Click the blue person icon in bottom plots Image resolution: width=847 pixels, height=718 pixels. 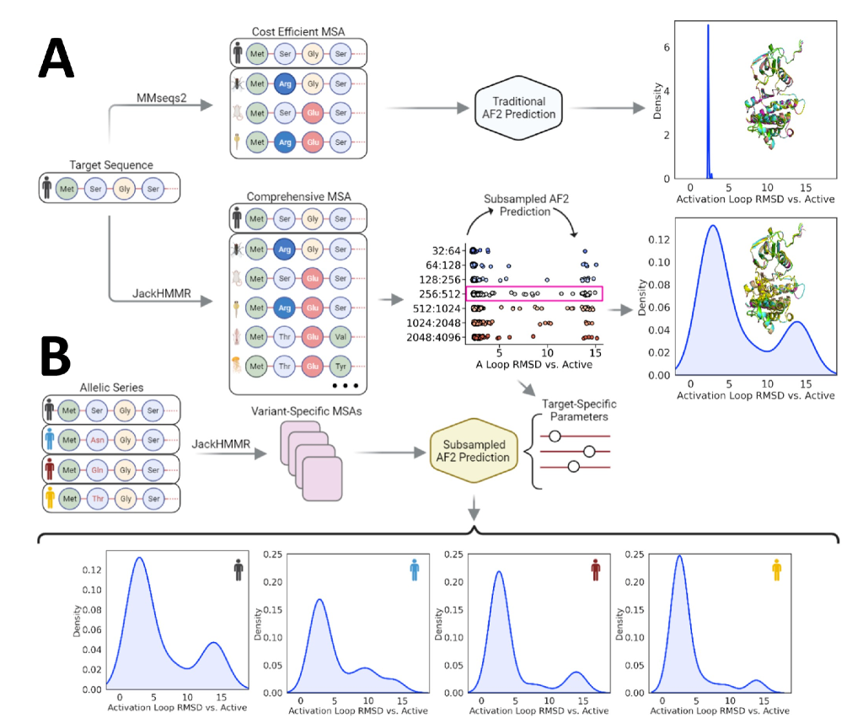(414, 570)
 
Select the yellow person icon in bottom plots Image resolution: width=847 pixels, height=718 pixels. (777, 570)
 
